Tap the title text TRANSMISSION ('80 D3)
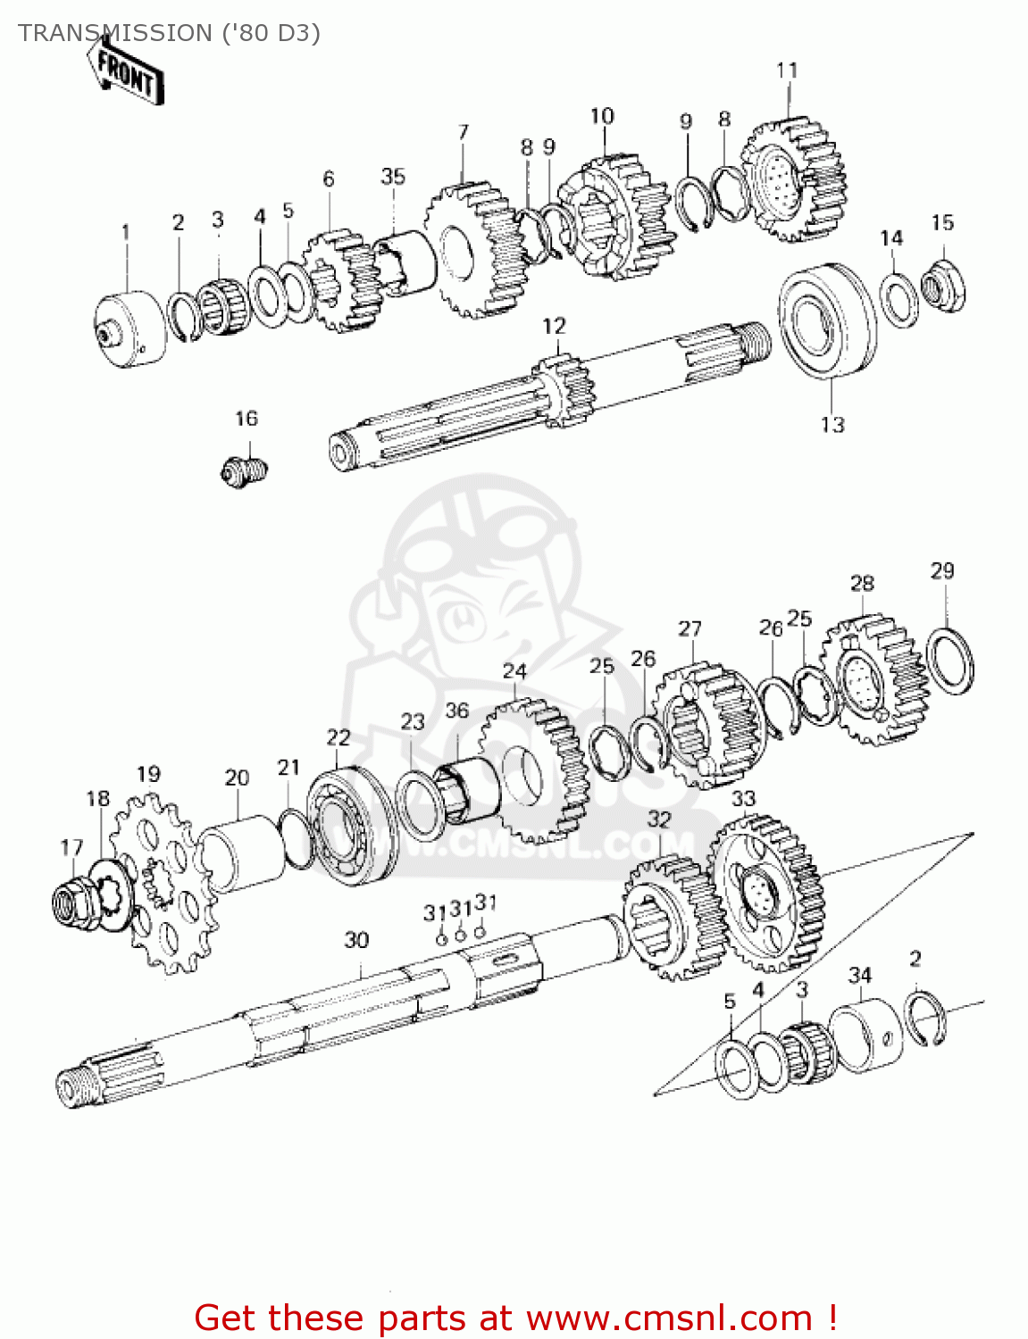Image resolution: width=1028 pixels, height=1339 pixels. coord(169,33)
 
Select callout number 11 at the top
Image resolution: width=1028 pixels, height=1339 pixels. coord(786,70)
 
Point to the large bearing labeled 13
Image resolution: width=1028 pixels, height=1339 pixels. coord(827,320)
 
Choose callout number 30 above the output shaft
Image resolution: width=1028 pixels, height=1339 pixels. coord(356,940)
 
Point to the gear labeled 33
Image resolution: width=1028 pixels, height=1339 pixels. coord(766,893)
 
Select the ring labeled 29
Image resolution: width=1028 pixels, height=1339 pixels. coord(949,660)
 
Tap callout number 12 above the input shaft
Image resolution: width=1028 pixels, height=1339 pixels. coord(554,326)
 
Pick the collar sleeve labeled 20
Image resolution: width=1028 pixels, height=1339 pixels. coord(238,853)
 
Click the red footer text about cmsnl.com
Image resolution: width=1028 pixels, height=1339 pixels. coord(515,1318)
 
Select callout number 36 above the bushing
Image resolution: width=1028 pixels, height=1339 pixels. coord(456,711)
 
